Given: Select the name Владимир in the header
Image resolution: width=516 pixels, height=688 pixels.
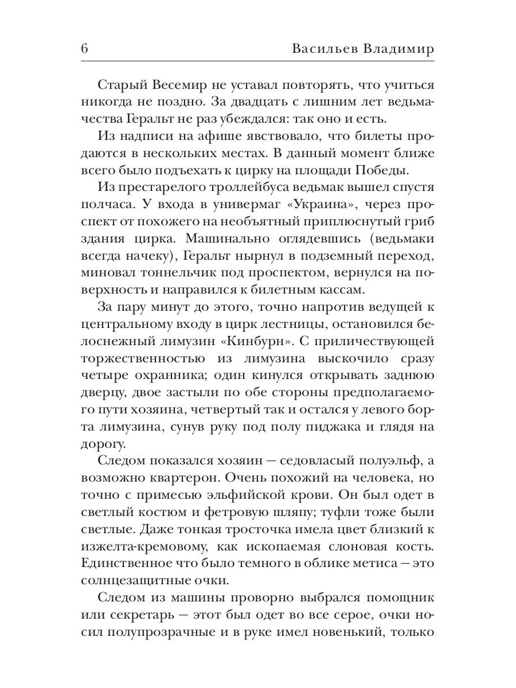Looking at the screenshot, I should pyautogui.click(x=398, y=49).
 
